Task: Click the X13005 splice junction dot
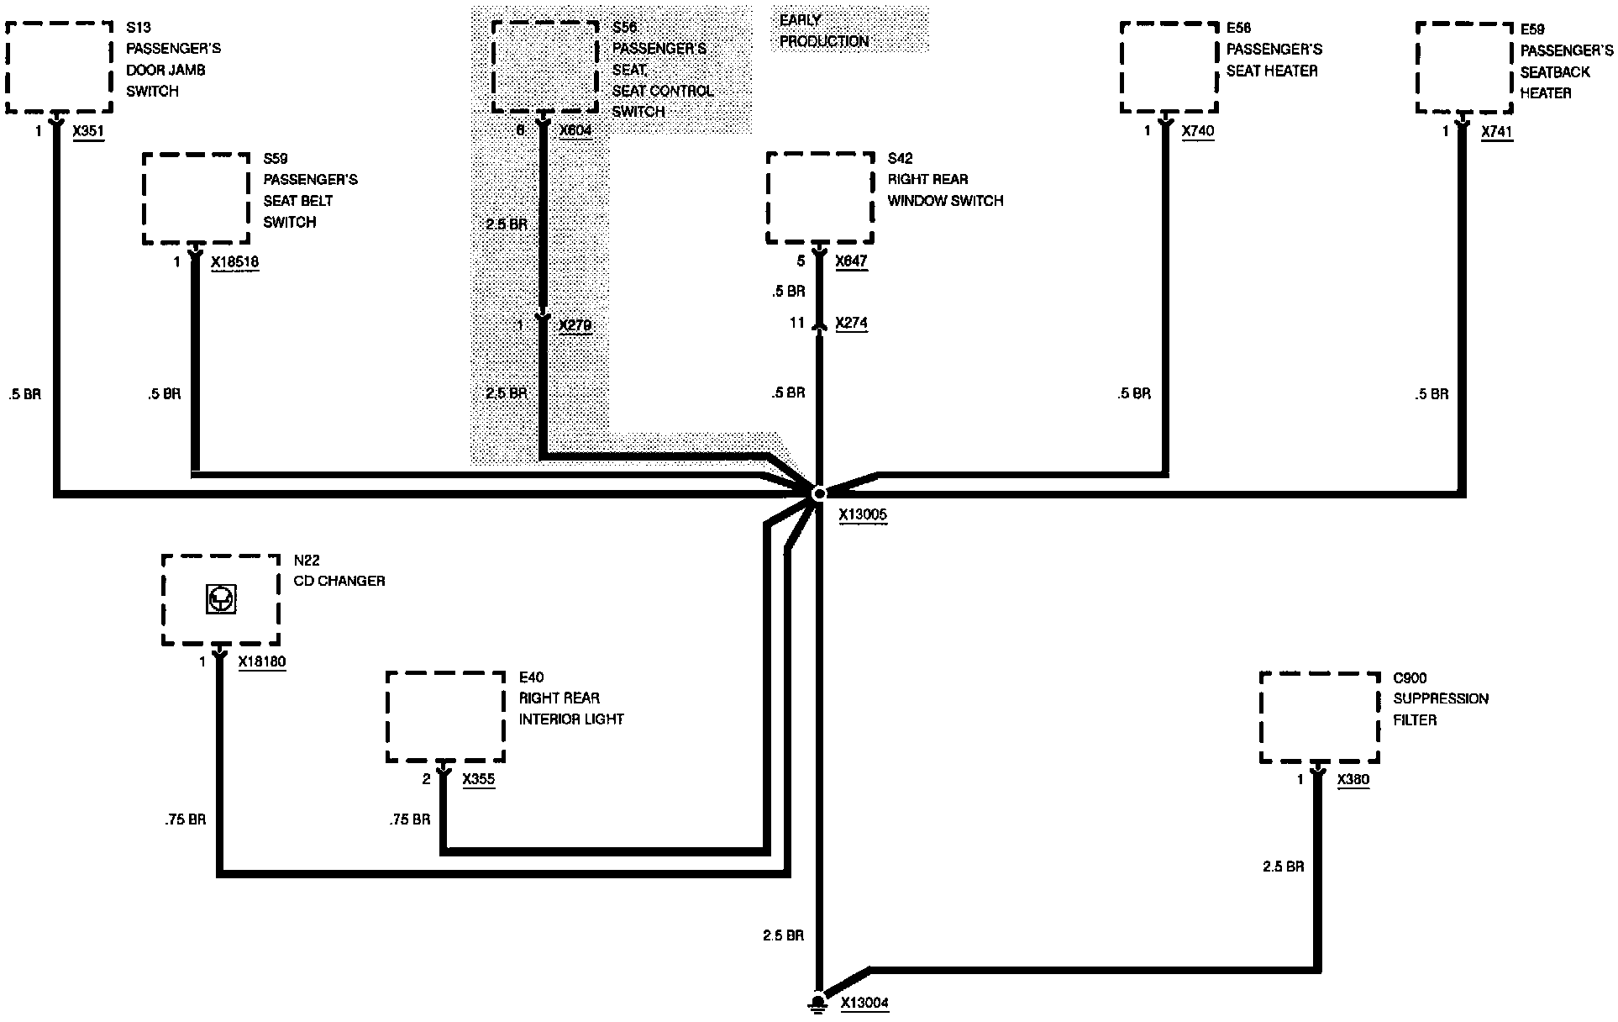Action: coord(819,493)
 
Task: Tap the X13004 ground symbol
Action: coord(816,1002)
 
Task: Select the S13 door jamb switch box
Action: coord(59,66)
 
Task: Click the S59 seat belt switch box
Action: coord(196,198)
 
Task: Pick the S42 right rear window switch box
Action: coord(820,198)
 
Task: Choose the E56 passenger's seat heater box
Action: coord(1169,66)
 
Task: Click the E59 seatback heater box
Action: coord(1464,67)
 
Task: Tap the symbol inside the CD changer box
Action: coord(220,599)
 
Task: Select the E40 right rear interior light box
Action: coord(445,717)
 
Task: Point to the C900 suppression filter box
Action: coord(1319,718)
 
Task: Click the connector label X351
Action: coord(89,131)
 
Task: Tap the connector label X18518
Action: coord(235,262)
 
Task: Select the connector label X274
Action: coord(852,323)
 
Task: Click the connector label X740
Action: coord(1198,131)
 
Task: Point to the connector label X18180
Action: coord(262,662)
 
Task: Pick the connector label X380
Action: coord(1353,779)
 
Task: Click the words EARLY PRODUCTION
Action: coord(823,30)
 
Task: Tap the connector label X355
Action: coord(479,779)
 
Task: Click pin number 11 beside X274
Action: coord(796,323)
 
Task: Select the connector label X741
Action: coord(1497,132)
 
